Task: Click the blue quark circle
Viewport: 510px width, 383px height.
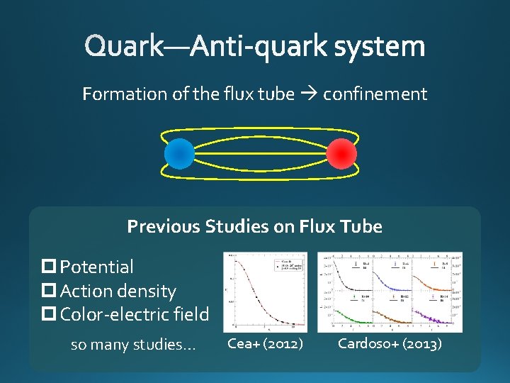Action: pos(179,153)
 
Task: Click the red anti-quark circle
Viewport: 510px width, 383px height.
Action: pos(341,153)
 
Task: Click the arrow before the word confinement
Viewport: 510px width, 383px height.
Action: pos(309,94)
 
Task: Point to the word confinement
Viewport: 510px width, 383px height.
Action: pos(375,94)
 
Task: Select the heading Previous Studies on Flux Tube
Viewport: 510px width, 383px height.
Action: pos(254,227)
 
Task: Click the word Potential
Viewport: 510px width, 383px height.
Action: pos(97,267)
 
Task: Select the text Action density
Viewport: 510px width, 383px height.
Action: pos(118,291)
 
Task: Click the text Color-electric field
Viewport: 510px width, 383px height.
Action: pos(135,314)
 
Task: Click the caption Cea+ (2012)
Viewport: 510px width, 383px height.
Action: pos(265,344)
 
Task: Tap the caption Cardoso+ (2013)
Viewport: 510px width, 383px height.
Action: pos(390,344)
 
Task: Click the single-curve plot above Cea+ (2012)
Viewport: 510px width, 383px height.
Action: pos(265,292)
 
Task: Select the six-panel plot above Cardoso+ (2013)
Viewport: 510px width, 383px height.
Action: pos(390,292)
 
